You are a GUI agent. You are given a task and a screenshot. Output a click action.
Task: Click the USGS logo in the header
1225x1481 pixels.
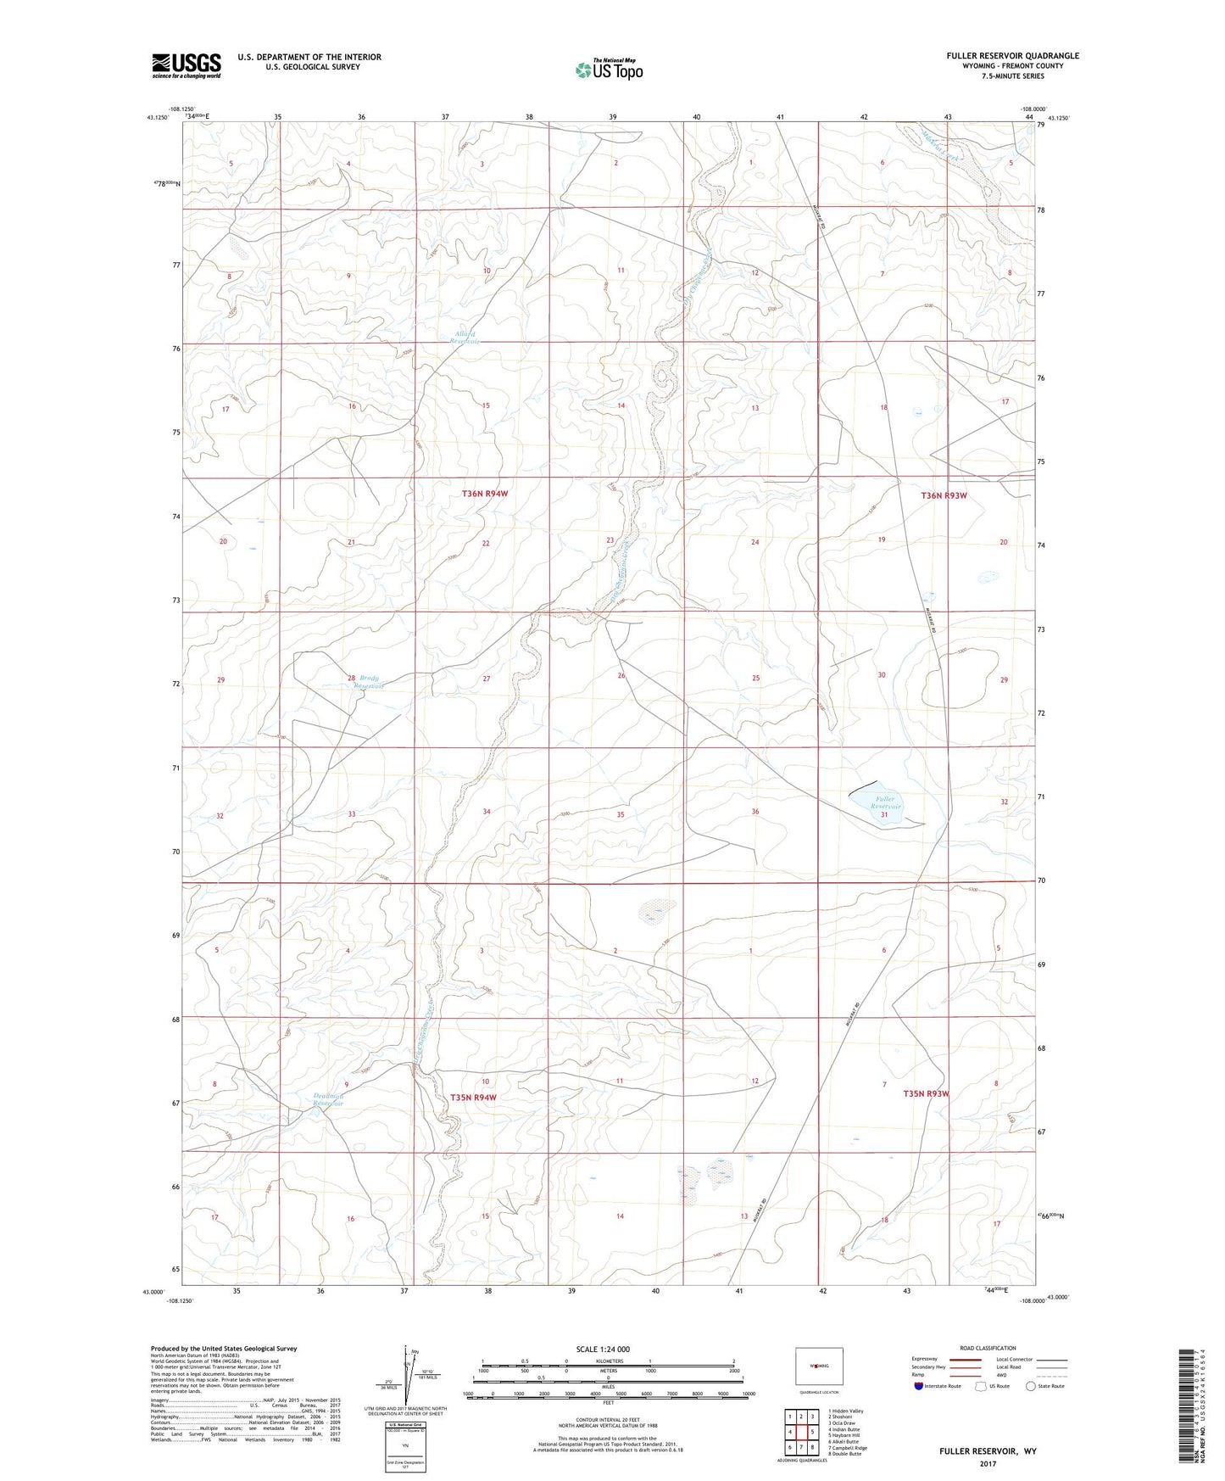coord(187,64)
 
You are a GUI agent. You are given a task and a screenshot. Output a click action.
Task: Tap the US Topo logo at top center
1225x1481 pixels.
coord(608,70)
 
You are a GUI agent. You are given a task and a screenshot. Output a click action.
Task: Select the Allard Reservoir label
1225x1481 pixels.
coord(465,337)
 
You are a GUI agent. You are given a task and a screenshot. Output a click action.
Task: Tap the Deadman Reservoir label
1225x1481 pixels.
coord(326,1099)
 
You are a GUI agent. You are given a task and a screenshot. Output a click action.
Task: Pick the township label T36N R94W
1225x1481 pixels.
coord(484,493)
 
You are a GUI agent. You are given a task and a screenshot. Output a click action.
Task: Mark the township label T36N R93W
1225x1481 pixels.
coord(944,495)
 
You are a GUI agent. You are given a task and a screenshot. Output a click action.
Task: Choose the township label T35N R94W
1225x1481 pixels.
coord(472,1097)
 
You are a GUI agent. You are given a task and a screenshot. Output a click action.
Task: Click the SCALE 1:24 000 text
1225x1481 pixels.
coord(603,1349)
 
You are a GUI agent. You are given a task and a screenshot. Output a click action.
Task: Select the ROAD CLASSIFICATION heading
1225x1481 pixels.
coord(988,1348)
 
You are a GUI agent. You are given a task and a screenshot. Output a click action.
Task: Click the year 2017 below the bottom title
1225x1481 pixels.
coord(987,1463)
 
